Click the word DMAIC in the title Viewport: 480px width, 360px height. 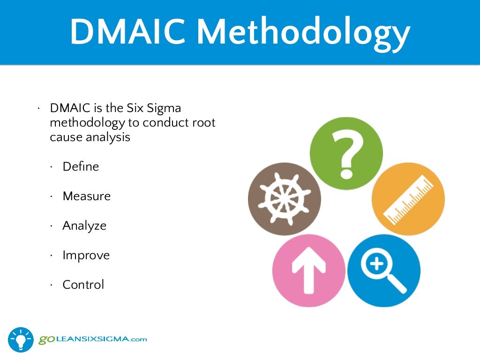tap(127, 31)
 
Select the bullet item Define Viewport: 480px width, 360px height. tap(81, 166)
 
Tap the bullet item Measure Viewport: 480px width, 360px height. tap(87, 196)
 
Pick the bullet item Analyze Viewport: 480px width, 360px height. tap(84, 226)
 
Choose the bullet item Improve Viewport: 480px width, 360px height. tap(86, 255)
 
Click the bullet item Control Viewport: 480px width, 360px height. tap(83, 285)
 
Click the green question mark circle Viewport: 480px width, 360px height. tap(346, 153)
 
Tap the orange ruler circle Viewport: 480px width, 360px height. tap(408, 199)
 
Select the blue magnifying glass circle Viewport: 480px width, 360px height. tap(383, 270)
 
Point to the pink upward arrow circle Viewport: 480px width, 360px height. tap(308, 270)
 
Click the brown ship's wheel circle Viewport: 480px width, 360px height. tap(284, 199)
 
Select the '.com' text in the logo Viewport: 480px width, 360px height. tap(138, 339)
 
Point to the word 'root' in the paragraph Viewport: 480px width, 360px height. tap(204, 123)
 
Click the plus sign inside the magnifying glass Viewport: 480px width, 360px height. tap(377, 264)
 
